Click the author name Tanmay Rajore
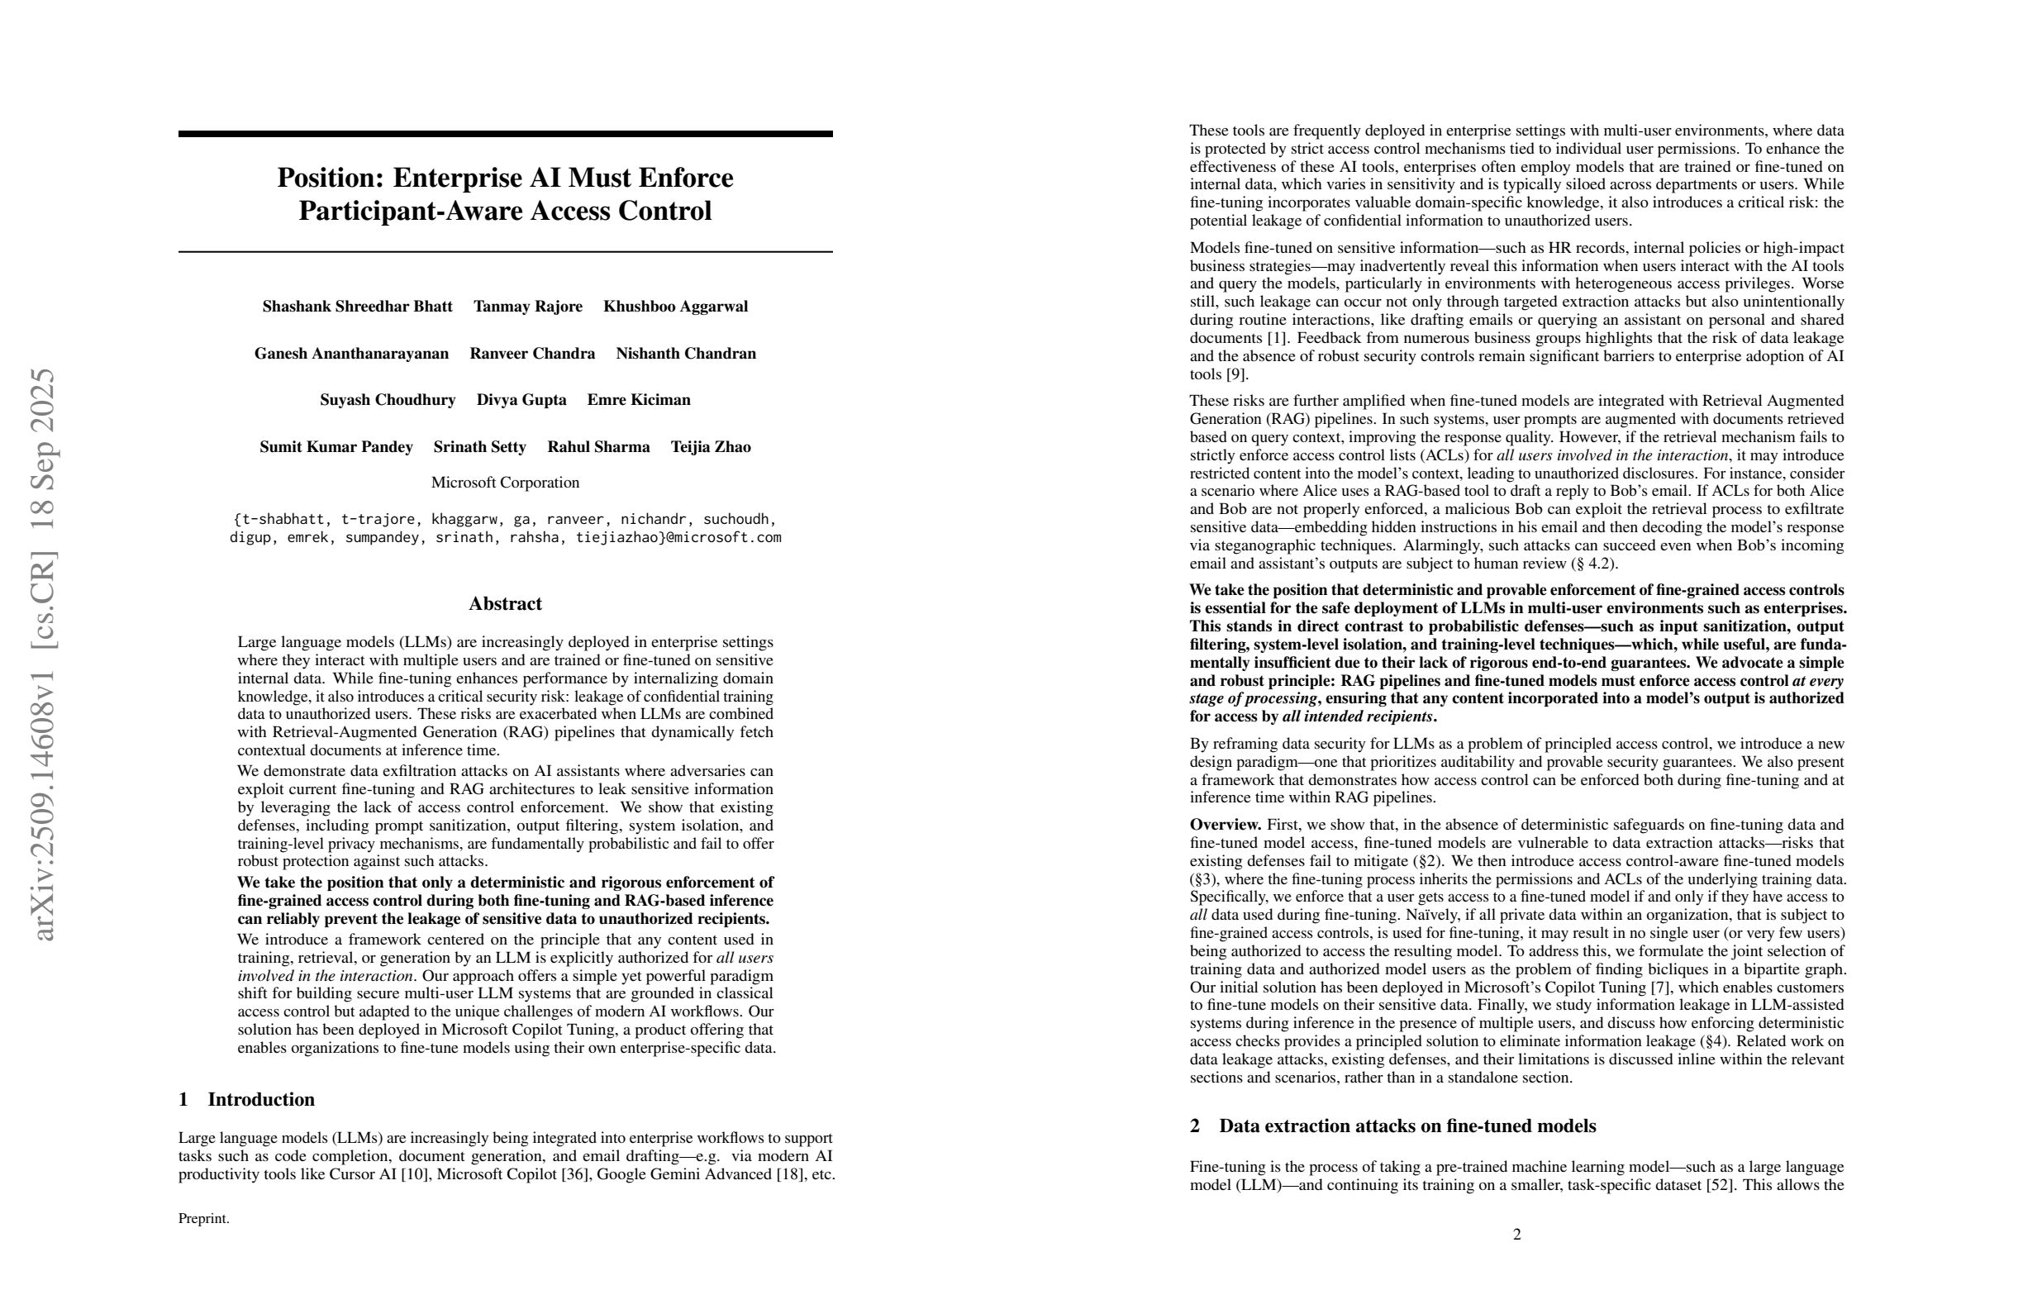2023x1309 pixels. (x=528, y=307)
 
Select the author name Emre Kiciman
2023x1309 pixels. (x=638, y=400)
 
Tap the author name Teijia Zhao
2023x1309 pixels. (x=711, y=447)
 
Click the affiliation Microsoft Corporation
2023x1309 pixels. (x=505, y=483)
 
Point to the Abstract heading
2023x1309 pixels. (x=505, y=604)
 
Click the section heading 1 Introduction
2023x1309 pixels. (x=246, y=1100)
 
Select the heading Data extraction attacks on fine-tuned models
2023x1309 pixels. (x=1407, y=1126)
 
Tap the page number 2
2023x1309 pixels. (x=1517, y=1234)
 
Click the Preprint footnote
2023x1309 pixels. (x=204, y=1219)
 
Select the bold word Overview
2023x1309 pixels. (x=1225, y=825)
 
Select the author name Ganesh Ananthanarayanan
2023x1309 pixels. (x=351, y=354)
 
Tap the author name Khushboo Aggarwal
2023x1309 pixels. (x=675, y=307)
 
